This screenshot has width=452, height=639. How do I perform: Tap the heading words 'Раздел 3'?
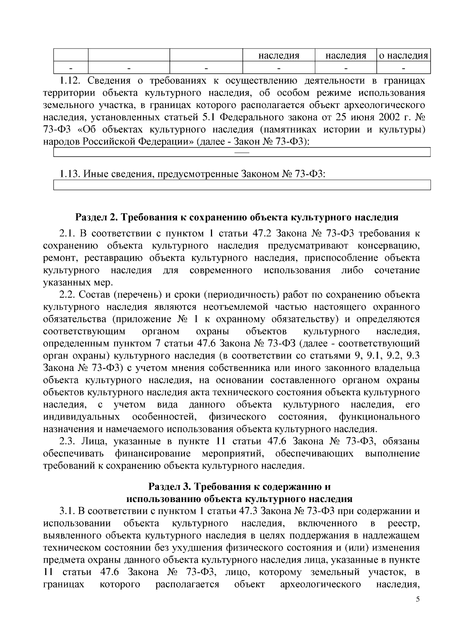168,487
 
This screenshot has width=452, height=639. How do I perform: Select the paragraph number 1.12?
69,81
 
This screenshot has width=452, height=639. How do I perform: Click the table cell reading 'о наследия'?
403,56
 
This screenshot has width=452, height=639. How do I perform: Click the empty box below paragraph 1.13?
242,185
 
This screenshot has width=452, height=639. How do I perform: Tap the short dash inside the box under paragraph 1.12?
242,152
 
